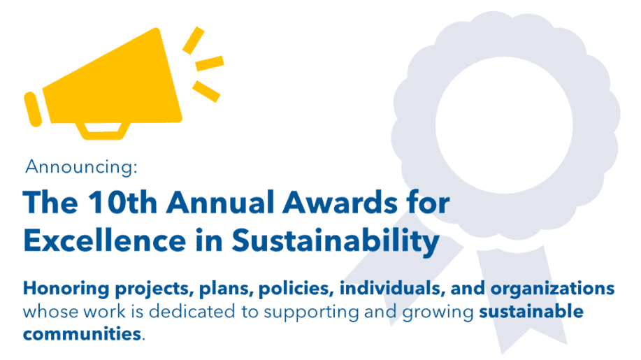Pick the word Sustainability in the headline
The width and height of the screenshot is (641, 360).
336,241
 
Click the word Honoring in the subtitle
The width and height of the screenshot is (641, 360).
66,289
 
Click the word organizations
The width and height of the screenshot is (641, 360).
553,289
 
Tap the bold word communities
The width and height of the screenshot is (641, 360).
82,334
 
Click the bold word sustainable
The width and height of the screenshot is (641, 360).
531,312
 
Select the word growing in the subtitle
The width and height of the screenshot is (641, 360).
438,313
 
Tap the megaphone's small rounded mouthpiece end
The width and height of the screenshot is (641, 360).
33,109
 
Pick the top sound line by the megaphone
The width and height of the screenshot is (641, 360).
193,41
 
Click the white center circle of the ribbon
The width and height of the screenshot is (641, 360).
503,125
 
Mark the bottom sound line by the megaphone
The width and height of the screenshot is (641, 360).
206,91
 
